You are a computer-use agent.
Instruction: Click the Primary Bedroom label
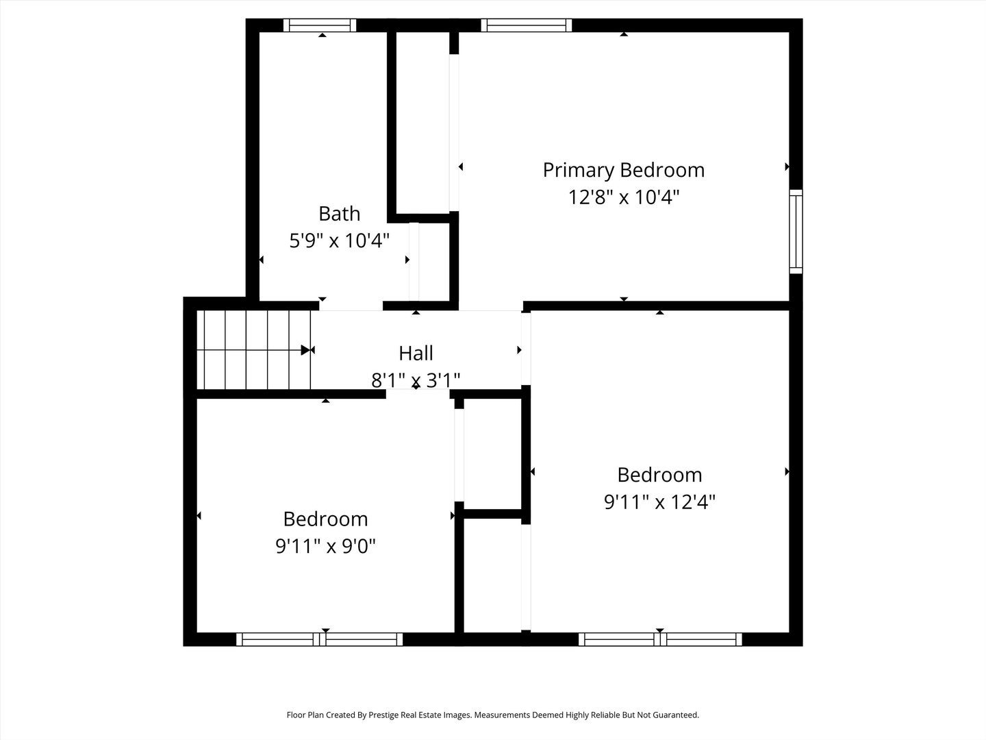623,170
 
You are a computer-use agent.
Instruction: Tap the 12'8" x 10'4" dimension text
623,197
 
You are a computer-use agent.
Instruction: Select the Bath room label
339,214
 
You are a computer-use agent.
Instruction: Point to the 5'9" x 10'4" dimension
339,241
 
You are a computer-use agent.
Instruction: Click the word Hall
416,353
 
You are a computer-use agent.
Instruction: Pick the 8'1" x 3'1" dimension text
416,380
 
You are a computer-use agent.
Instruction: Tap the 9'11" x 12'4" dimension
659,502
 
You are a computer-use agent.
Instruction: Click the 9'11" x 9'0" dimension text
326,546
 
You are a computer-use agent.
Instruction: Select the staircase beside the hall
253,350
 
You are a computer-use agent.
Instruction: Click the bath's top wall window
320,25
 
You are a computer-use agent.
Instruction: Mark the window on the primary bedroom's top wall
526,25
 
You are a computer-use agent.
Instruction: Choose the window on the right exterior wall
796,232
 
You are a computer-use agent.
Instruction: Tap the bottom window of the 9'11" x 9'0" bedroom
320,639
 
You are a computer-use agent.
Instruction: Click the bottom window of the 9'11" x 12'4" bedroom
660,639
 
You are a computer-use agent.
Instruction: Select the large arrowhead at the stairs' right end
306,350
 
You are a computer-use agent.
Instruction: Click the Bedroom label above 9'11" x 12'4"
659,475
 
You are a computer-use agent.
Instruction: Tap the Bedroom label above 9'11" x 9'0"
326,519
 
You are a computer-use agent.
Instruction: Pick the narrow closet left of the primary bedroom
423,123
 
